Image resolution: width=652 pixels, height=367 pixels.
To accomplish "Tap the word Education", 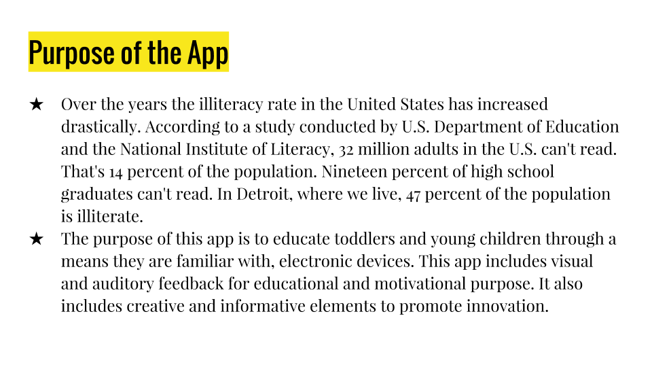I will coord(583,127).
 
